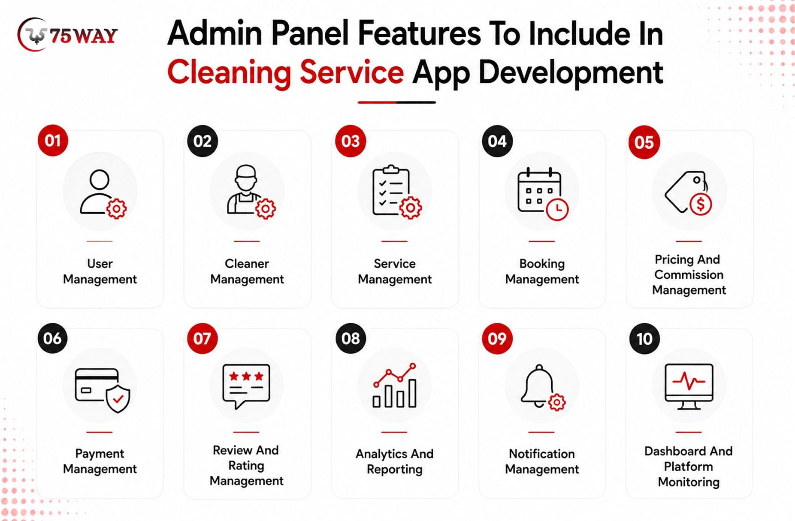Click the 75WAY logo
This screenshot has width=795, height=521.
pyautogui.click(x=67, y=35)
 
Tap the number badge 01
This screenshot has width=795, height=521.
pyautogui.click(x=53, y=141)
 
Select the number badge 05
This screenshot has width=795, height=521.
pyautogui.click(x=644, y=142)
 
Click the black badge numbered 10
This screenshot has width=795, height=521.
pyautogui.click(x=644, y=339)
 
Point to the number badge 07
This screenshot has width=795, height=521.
pyautogui.click(x=202, y=338)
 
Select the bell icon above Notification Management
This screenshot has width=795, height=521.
pyautogui.click(x=543, y=388)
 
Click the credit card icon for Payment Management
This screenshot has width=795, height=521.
pyautogui.click(x=102, y=390)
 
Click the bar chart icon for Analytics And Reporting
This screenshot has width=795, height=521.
pyautogui.click(x=395, y=385)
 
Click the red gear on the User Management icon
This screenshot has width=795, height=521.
pyautogui.click(x=116, y=209)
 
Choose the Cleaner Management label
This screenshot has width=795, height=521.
pyautogui.click(x=247, y=271)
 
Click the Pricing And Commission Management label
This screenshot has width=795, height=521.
pyautogui.click(x=689, y=275)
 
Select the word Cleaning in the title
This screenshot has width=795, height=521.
pyautogui.click(x=229, y=72)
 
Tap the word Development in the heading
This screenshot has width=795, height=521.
pyautogui.click(x=571, y=72)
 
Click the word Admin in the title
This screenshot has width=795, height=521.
pyautogui.click(x=215, y=33)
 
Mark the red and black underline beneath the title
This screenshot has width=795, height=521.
pyautogui.click(x=397, y=102)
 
